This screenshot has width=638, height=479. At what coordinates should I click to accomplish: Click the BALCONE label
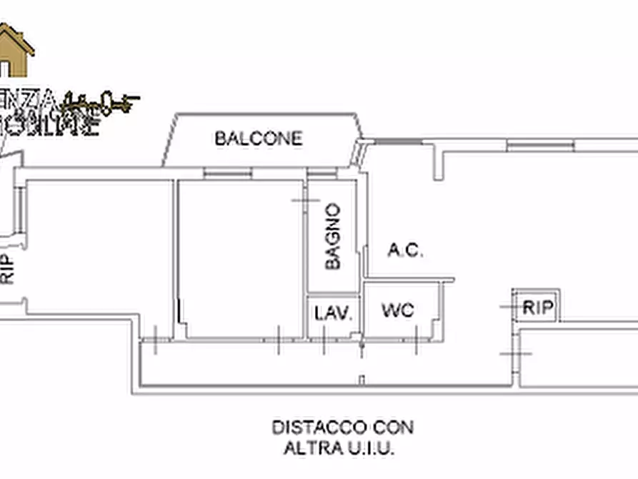(259, 138)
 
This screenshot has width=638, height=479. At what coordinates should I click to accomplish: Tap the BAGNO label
(332, 236)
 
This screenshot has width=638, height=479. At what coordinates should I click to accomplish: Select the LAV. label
(333, 312)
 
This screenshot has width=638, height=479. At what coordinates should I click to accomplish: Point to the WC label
(397, 310)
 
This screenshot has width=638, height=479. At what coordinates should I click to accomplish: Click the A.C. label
(405, 250)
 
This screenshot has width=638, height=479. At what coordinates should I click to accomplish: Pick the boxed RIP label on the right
(538, 307)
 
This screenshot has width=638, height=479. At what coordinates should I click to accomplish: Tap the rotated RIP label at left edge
(7, 269)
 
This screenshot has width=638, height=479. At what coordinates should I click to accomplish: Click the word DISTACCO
(319, 428)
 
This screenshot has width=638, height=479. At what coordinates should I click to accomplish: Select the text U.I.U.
(369, 449)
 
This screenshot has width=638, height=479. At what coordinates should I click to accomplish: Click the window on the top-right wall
(540, 145)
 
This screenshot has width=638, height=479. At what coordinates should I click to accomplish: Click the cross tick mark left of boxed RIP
(509, 307)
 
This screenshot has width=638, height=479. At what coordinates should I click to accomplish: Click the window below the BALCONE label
(227, 172)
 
